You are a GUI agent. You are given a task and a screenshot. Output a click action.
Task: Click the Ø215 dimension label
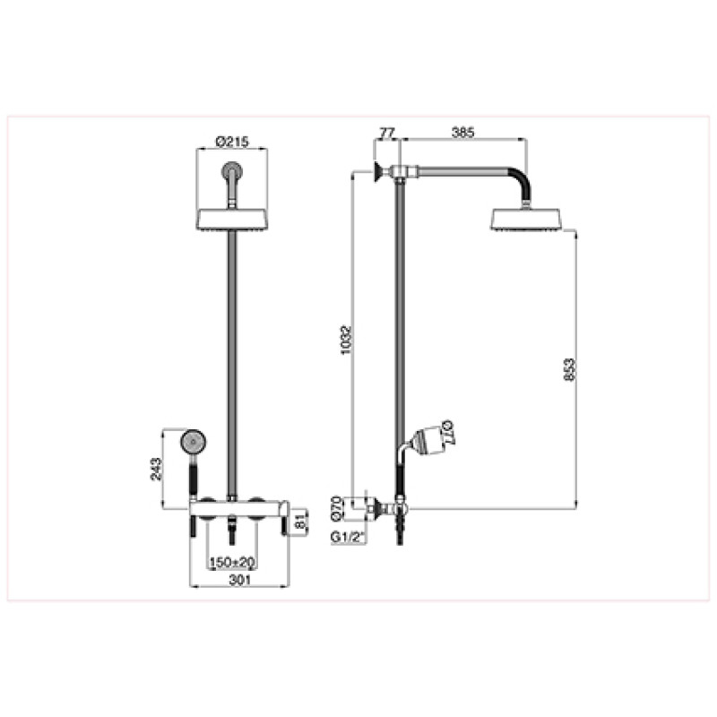click(x=232, y=142)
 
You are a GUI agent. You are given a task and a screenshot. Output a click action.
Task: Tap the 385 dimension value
click(x=463, y=133)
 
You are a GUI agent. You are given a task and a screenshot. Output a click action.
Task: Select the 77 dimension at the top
click(x=387, y=133)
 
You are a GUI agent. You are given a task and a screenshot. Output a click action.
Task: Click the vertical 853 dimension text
click(x=569, y=370)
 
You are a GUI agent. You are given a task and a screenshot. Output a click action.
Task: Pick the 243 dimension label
click(x=156, y=469)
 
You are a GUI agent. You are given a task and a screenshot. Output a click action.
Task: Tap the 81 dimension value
click(x=300, y=523)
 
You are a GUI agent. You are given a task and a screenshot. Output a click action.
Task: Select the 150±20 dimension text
click(x=232, y=562)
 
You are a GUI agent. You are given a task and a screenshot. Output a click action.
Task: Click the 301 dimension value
click(x=239, y=580)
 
